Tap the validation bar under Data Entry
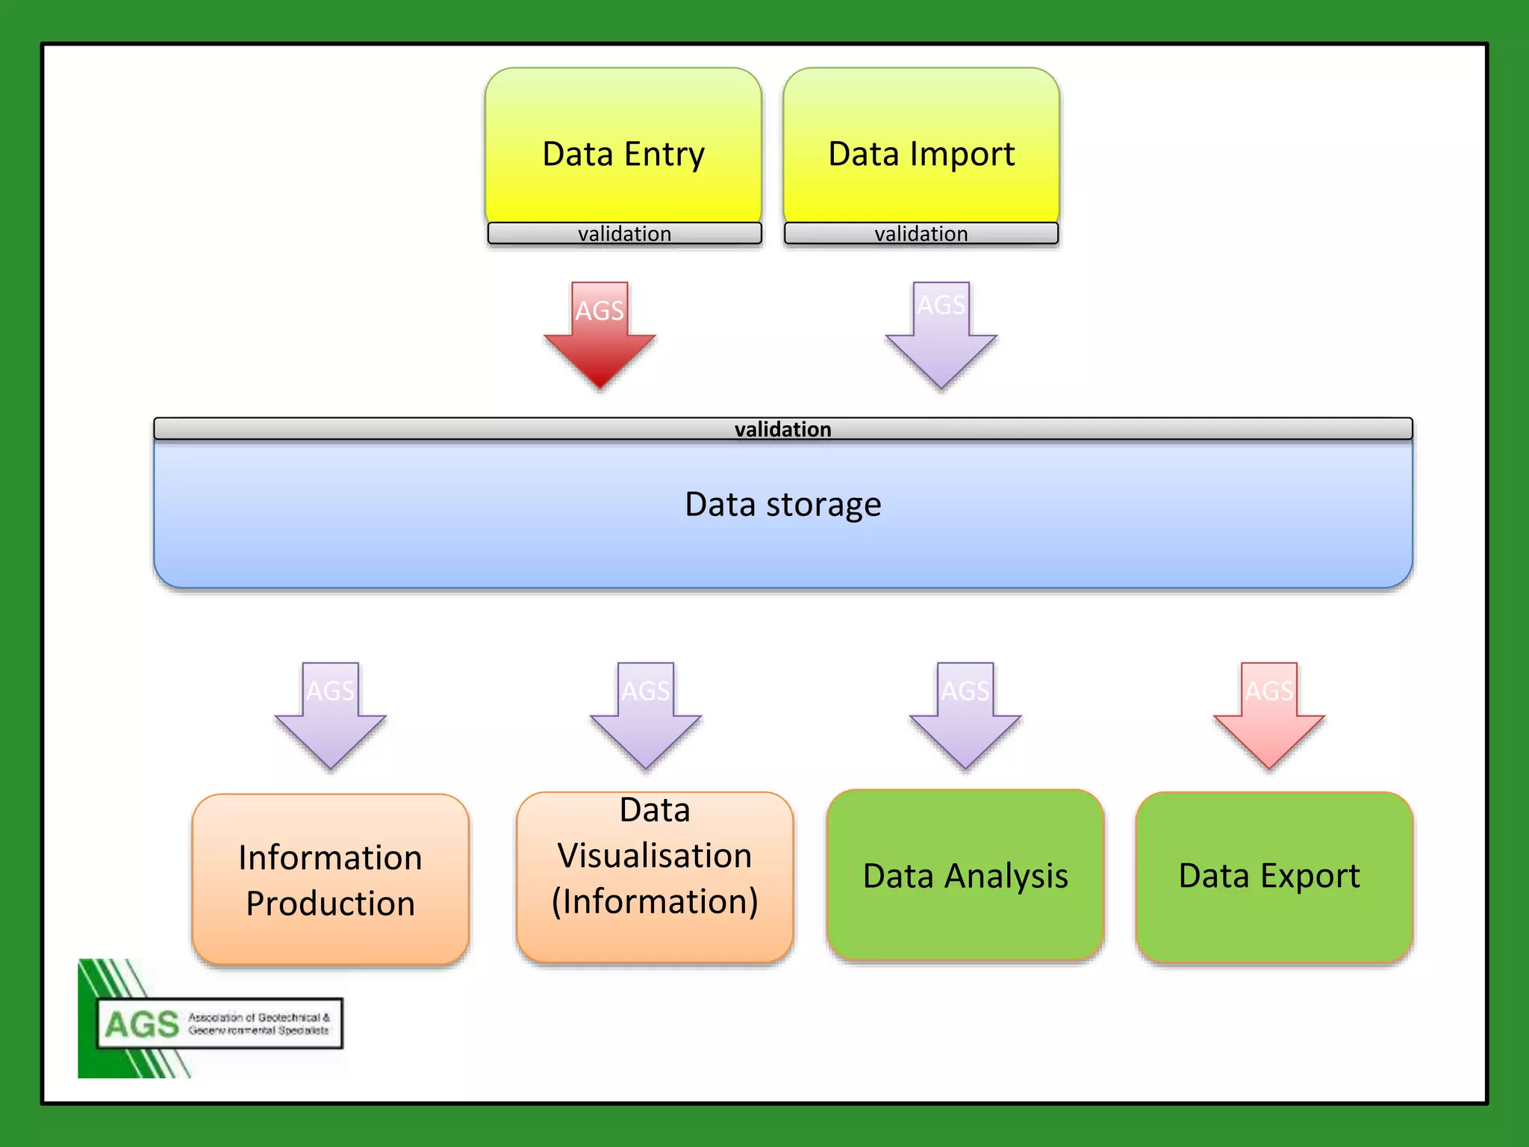pos(624,234)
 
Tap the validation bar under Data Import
pos(921,234)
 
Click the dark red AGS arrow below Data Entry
pos(600,336)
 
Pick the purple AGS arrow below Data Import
pos(941,336)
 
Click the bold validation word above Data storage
pos(782,429)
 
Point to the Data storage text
pos(782,505)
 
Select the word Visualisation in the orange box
pos(655,856)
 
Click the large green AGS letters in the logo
pos(142,1025)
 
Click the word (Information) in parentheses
pos(655,901)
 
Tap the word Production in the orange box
pos(330,904)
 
